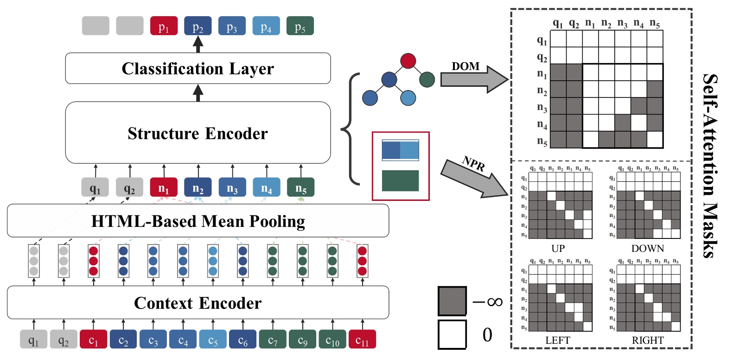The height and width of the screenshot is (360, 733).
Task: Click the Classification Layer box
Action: pyautogui.click(x=198, y=68)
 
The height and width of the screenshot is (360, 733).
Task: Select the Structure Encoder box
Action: pyautogui.click(x=198, y=133)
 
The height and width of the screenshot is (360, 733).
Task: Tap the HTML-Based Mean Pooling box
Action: pyautogui.click(x=198, y=221)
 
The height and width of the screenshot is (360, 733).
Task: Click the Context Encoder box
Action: pyautogui.click(x=198, y=303)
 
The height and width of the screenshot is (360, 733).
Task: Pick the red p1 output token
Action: pyautogui.click(x=164, y=26)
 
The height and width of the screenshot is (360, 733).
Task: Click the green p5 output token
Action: pyautogui.click(x=300, y=26)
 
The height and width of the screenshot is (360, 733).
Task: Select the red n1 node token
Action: pyautogui.click(x=164, y=187)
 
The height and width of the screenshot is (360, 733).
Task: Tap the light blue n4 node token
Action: pyautogui.click(x=267, y=187)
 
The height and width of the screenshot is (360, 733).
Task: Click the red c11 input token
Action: pyautogui.click(x=362, y=340)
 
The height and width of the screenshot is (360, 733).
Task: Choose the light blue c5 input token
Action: pyautogui.click(x=213, y=340)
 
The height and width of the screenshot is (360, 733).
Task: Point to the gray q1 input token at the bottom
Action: pyautogui.click(x=33, y=340)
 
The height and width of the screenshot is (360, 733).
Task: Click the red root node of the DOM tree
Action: pyautogui.click(x=408, y=61)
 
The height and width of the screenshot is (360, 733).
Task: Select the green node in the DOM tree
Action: pyautogui.click(x=427, y=80)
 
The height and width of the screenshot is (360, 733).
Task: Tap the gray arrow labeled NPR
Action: pyautogui.click(x=473, y=179)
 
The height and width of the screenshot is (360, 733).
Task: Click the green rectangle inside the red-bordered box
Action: pyautogui.click(x=400, y=181)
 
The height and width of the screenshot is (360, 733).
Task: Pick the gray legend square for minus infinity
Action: pyautogui.click(x=452, y=301)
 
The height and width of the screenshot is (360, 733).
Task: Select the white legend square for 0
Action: pyautogui.click(x=452, y=334)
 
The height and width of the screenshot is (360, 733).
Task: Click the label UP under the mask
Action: pyautogui.click(x=558, y=249)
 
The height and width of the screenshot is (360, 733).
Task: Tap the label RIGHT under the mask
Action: pyautogui.click(x=648, y=341)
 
